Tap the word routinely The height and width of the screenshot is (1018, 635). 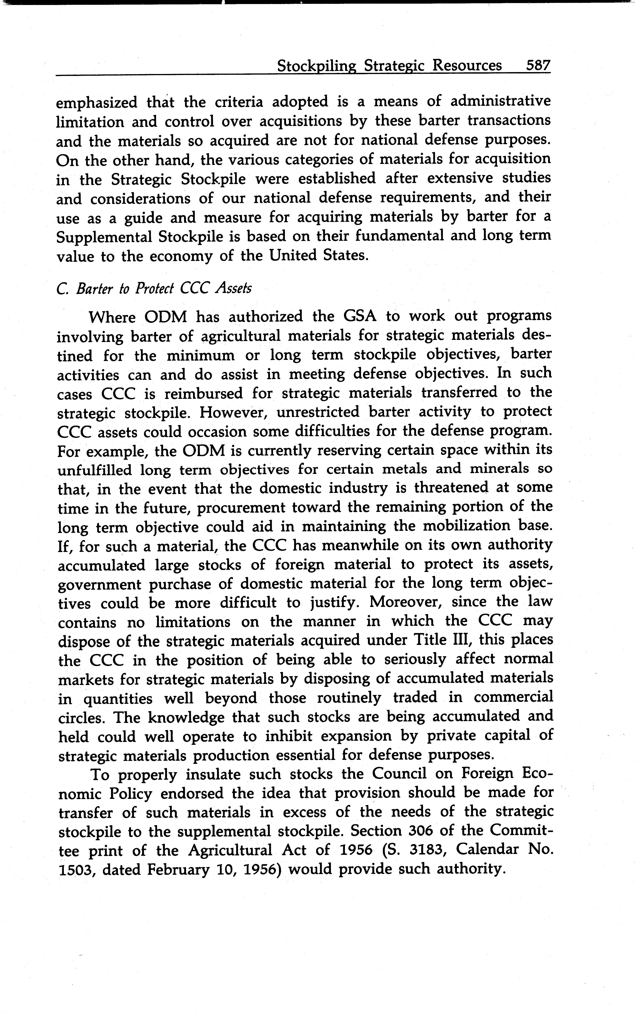click(349, 698)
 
